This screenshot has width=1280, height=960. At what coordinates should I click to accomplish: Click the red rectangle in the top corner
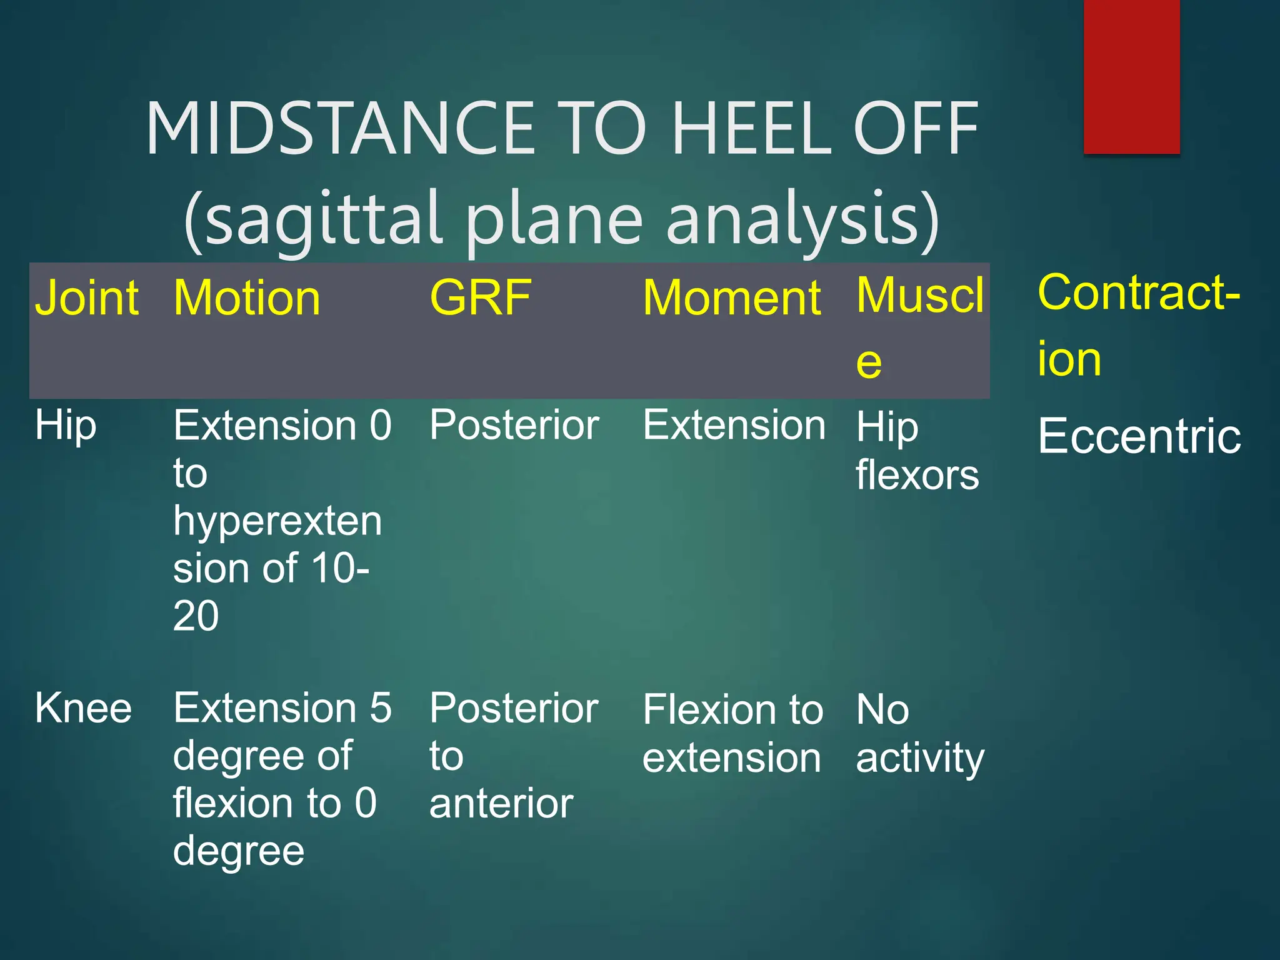click(1131, 76)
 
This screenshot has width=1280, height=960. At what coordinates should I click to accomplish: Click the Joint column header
click(86, 298)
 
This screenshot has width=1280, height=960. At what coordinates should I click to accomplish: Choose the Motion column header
click(247, 298)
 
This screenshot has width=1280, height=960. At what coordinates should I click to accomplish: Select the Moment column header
click(731, 298)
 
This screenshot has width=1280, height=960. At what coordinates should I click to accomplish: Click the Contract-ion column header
click(1137, 325)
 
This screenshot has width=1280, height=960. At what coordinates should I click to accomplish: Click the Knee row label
click(83, 709)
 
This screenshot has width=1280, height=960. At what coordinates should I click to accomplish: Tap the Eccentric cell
click(1139, 436)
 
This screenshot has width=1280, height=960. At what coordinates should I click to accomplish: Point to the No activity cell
click(919, 734)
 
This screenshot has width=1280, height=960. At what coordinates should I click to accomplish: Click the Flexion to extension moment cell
click(732, 734)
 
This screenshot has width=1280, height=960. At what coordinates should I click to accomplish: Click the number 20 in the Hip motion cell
click(196, 616)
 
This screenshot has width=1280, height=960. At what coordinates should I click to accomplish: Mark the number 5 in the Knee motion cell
click(380, 709)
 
